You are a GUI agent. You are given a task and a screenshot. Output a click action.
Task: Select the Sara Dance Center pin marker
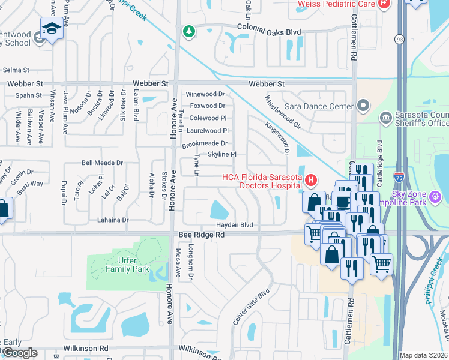[362, 106]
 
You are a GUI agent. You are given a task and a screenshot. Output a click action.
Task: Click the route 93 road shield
[399, 39]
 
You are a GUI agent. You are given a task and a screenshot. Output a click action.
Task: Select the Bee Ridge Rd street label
[201, 235]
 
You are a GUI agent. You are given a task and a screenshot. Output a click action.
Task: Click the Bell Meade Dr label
[102, 163]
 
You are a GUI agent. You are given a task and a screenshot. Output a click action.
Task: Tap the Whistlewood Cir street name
[283, 112]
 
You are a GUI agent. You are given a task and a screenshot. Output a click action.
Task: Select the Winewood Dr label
[205, 94]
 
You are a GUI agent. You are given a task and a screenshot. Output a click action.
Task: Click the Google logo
[20, 353]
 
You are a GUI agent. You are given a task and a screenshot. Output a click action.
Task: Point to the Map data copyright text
[423, 355]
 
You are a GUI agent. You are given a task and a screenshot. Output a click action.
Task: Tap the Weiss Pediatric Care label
[336, 5]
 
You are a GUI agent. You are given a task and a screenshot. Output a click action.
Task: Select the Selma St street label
[16, 70]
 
